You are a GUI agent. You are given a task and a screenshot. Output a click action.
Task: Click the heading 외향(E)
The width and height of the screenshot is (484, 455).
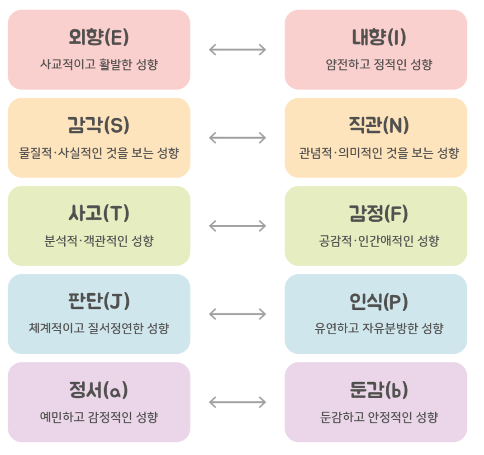pyautogui.click(x=99, y=37)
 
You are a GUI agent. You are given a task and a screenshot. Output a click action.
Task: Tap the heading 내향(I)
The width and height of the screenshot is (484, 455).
pyautogui.click(x=376, y=37)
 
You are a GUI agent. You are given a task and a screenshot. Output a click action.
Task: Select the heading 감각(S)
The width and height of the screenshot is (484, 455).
pyautogui.click(x=99, y=126)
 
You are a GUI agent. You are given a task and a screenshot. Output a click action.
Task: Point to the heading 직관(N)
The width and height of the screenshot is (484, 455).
pyautogui.click(x=376, y=126)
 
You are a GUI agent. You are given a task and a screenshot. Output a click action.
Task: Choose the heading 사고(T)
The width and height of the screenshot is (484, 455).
pyautogui.click(x=99, y=214)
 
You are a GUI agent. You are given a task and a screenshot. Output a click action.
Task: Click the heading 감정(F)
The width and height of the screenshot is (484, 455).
pyautogui.click(x=376, y=214)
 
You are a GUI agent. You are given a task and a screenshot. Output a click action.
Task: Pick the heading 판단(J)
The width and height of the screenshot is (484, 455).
pyautogui.click(x=99, y=302)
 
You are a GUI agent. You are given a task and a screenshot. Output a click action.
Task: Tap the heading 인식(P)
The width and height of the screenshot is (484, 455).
pyautogui.click(x=376, y=302)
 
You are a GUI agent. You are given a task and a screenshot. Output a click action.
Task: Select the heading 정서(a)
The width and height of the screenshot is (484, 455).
pyautogui.click(x=99, y=390)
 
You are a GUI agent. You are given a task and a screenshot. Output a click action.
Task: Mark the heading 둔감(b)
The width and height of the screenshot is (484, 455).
pyautogui.click(x=376, y=390)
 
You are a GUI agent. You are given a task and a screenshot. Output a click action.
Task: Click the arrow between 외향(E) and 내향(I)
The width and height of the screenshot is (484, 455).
pyautogui.click(x=238, y=50)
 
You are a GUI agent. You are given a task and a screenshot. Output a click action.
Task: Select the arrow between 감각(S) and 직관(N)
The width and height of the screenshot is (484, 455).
pyautogui.click(x=238, y=138)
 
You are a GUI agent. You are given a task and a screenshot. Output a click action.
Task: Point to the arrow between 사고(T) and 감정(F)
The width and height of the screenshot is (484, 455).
pyautogui.click(x=238, y=226)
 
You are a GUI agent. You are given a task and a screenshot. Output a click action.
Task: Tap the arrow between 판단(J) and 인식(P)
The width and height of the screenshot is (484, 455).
pyautogui.click(x=238, y=314)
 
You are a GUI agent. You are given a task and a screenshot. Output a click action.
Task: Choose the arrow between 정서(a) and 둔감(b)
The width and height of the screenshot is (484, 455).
pyautogui.click(x=238, y=402)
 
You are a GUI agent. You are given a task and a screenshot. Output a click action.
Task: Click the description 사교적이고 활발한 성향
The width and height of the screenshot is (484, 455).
pyautogui.click(x=99, y=65)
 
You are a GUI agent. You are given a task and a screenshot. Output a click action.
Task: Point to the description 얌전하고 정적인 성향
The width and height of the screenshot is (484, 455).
pyautogui.click(x=376, y=65)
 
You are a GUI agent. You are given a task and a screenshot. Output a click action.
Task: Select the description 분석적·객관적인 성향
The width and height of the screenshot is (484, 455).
pyautogui.click(x=99, y=242)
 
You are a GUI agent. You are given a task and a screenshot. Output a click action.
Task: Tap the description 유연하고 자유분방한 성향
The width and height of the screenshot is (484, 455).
pyautogui.click(x=376, y=329)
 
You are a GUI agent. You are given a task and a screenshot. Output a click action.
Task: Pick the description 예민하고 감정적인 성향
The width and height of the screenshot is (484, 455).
pyautogui.click(x=99, y=418)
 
